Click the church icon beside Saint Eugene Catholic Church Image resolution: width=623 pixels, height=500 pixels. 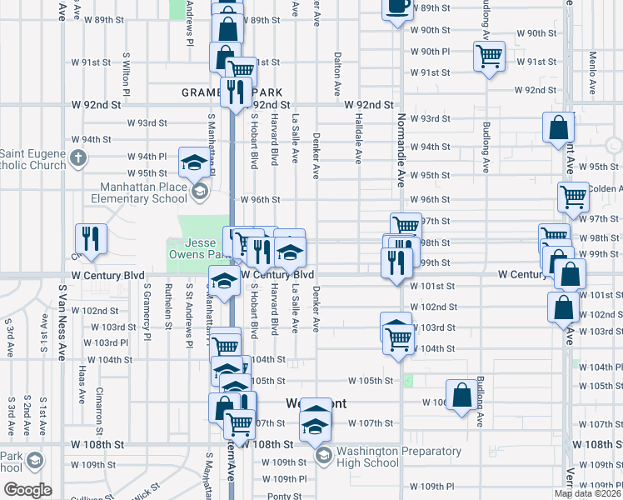click(77, 157)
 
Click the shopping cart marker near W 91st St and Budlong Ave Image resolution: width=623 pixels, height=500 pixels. click(489, 56)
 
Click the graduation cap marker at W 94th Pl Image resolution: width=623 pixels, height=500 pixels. click(194, 162)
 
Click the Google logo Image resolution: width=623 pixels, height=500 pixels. click(27, 490)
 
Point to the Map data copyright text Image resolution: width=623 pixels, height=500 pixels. click(588, 493)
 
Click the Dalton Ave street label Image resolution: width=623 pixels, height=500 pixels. click(337, 74)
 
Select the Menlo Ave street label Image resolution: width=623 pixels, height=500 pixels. click(592, 73)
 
